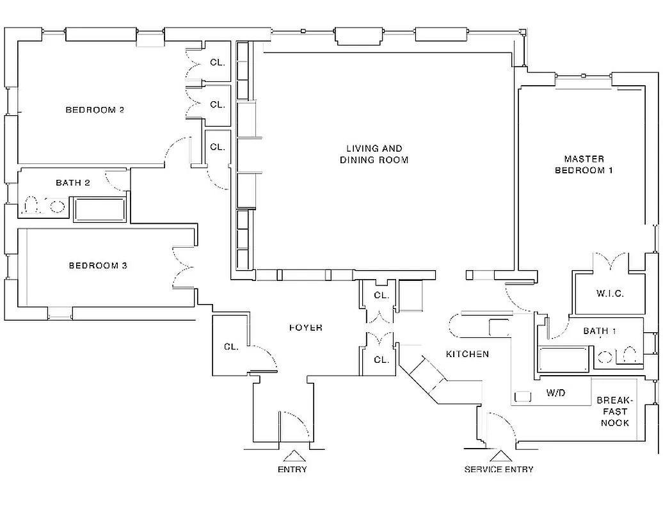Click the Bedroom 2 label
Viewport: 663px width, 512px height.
(x=95, y=110)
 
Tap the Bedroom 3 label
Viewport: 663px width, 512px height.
(x=97, y=266)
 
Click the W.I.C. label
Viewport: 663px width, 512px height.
(x=609, y=294)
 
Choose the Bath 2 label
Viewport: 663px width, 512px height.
(x=72, y=183)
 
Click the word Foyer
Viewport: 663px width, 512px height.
(x=305, y=328)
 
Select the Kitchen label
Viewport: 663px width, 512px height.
(x=467, y=354)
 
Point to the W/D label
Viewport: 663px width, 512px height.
(x=555, y=392)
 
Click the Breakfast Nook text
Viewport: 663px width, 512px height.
(x=613, y=412)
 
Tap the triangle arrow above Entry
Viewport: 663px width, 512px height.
(x=293, y=456)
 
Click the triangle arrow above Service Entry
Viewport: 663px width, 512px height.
(x=499, y=456)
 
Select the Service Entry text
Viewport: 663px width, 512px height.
(x=499, y=470)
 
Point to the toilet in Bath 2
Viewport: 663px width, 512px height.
(x=30, y=206)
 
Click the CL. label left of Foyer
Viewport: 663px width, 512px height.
(x=231, y=347)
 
